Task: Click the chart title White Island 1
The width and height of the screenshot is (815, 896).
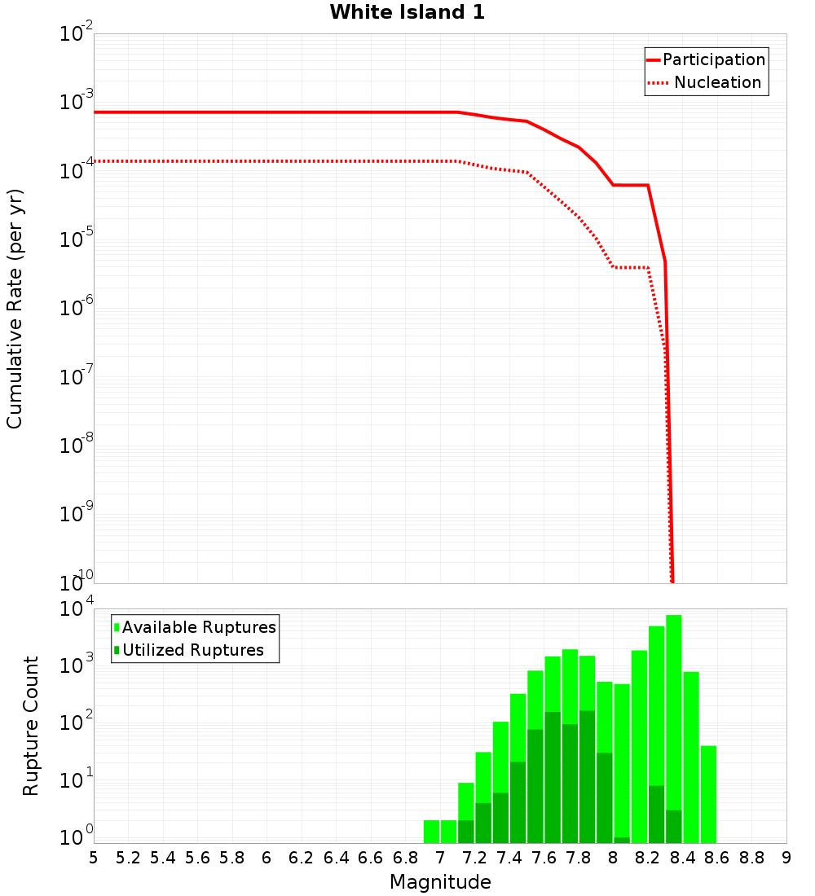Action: click(x=407, y=13)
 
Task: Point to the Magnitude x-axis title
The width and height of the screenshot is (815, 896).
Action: click(x=440, y=882)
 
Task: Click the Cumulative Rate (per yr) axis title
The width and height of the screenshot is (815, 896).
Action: click(x=15, y=309)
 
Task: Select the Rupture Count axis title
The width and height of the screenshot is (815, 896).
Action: click(x=31, y=726)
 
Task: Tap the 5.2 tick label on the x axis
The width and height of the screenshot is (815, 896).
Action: click(x=128, y=858)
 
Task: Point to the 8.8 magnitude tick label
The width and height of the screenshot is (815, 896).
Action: click(x=751, y=858)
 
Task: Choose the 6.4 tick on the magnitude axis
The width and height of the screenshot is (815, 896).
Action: click(x=336, y=858)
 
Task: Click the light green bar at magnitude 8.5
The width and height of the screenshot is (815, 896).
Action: click(x=691, y=758)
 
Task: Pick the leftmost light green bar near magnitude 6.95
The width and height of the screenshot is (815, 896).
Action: click(x=432, y=832)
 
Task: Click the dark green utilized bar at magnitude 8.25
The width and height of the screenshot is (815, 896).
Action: click(x=657, y=815)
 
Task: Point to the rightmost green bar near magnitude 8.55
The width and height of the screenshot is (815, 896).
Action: click(x=708, y=794)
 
